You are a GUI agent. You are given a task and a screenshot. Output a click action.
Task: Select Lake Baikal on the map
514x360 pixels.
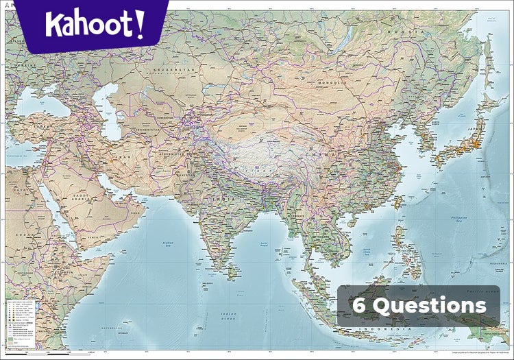pos(338,43)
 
